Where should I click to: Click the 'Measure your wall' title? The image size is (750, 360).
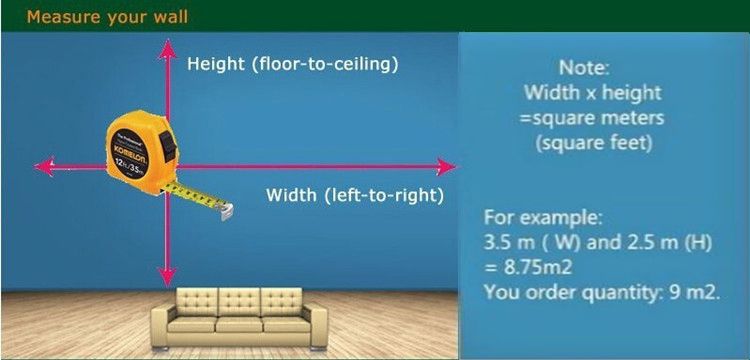click(107, 17)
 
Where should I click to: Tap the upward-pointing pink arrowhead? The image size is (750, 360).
click(167, 49)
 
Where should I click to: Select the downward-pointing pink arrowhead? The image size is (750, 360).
click(167, 277)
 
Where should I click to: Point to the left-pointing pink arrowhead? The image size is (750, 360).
click(44, 167)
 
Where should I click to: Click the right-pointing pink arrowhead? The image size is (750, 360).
click(445, 167)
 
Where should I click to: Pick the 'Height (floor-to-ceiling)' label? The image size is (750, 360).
click(293, 64)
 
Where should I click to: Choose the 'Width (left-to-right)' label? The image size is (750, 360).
click(355, 196)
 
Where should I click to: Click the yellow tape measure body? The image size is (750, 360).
click(140, 153)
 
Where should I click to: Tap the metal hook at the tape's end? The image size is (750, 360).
click(227, 211)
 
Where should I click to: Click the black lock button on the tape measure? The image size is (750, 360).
click(168, 145)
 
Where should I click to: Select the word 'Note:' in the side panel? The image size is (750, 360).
click(585, 67)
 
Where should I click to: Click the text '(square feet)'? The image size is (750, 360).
click(594, 143)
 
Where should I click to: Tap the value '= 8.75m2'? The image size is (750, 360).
click(529, 267)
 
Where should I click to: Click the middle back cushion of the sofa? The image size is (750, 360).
click(239, 302)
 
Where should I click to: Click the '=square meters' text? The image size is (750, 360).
click(592, 118)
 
